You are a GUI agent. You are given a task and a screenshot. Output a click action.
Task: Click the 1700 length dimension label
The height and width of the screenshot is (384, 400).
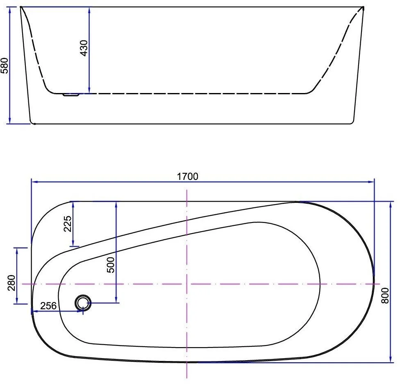coord(188,176)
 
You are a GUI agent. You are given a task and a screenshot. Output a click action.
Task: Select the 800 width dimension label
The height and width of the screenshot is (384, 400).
coord(385,295)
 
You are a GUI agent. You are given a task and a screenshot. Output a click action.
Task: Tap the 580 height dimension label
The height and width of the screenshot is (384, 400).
coord(5,66)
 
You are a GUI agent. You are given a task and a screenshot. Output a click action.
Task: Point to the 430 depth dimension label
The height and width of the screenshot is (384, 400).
coord(84,48)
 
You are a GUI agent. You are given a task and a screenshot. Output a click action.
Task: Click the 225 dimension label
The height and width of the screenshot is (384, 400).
coord(68,224)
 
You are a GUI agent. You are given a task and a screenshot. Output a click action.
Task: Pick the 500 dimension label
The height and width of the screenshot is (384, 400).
coord(111,265)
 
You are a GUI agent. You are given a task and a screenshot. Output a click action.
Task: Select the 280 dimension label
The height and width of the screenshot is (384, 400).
coord(11,283)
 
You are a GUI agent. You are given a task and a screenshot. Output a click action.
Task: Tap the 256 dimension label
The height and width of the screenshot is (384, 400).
coord(48,305)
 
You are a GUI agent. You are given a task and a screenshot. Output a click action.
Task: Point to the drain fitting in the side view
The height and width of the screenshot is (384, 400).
coord(71,95)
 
